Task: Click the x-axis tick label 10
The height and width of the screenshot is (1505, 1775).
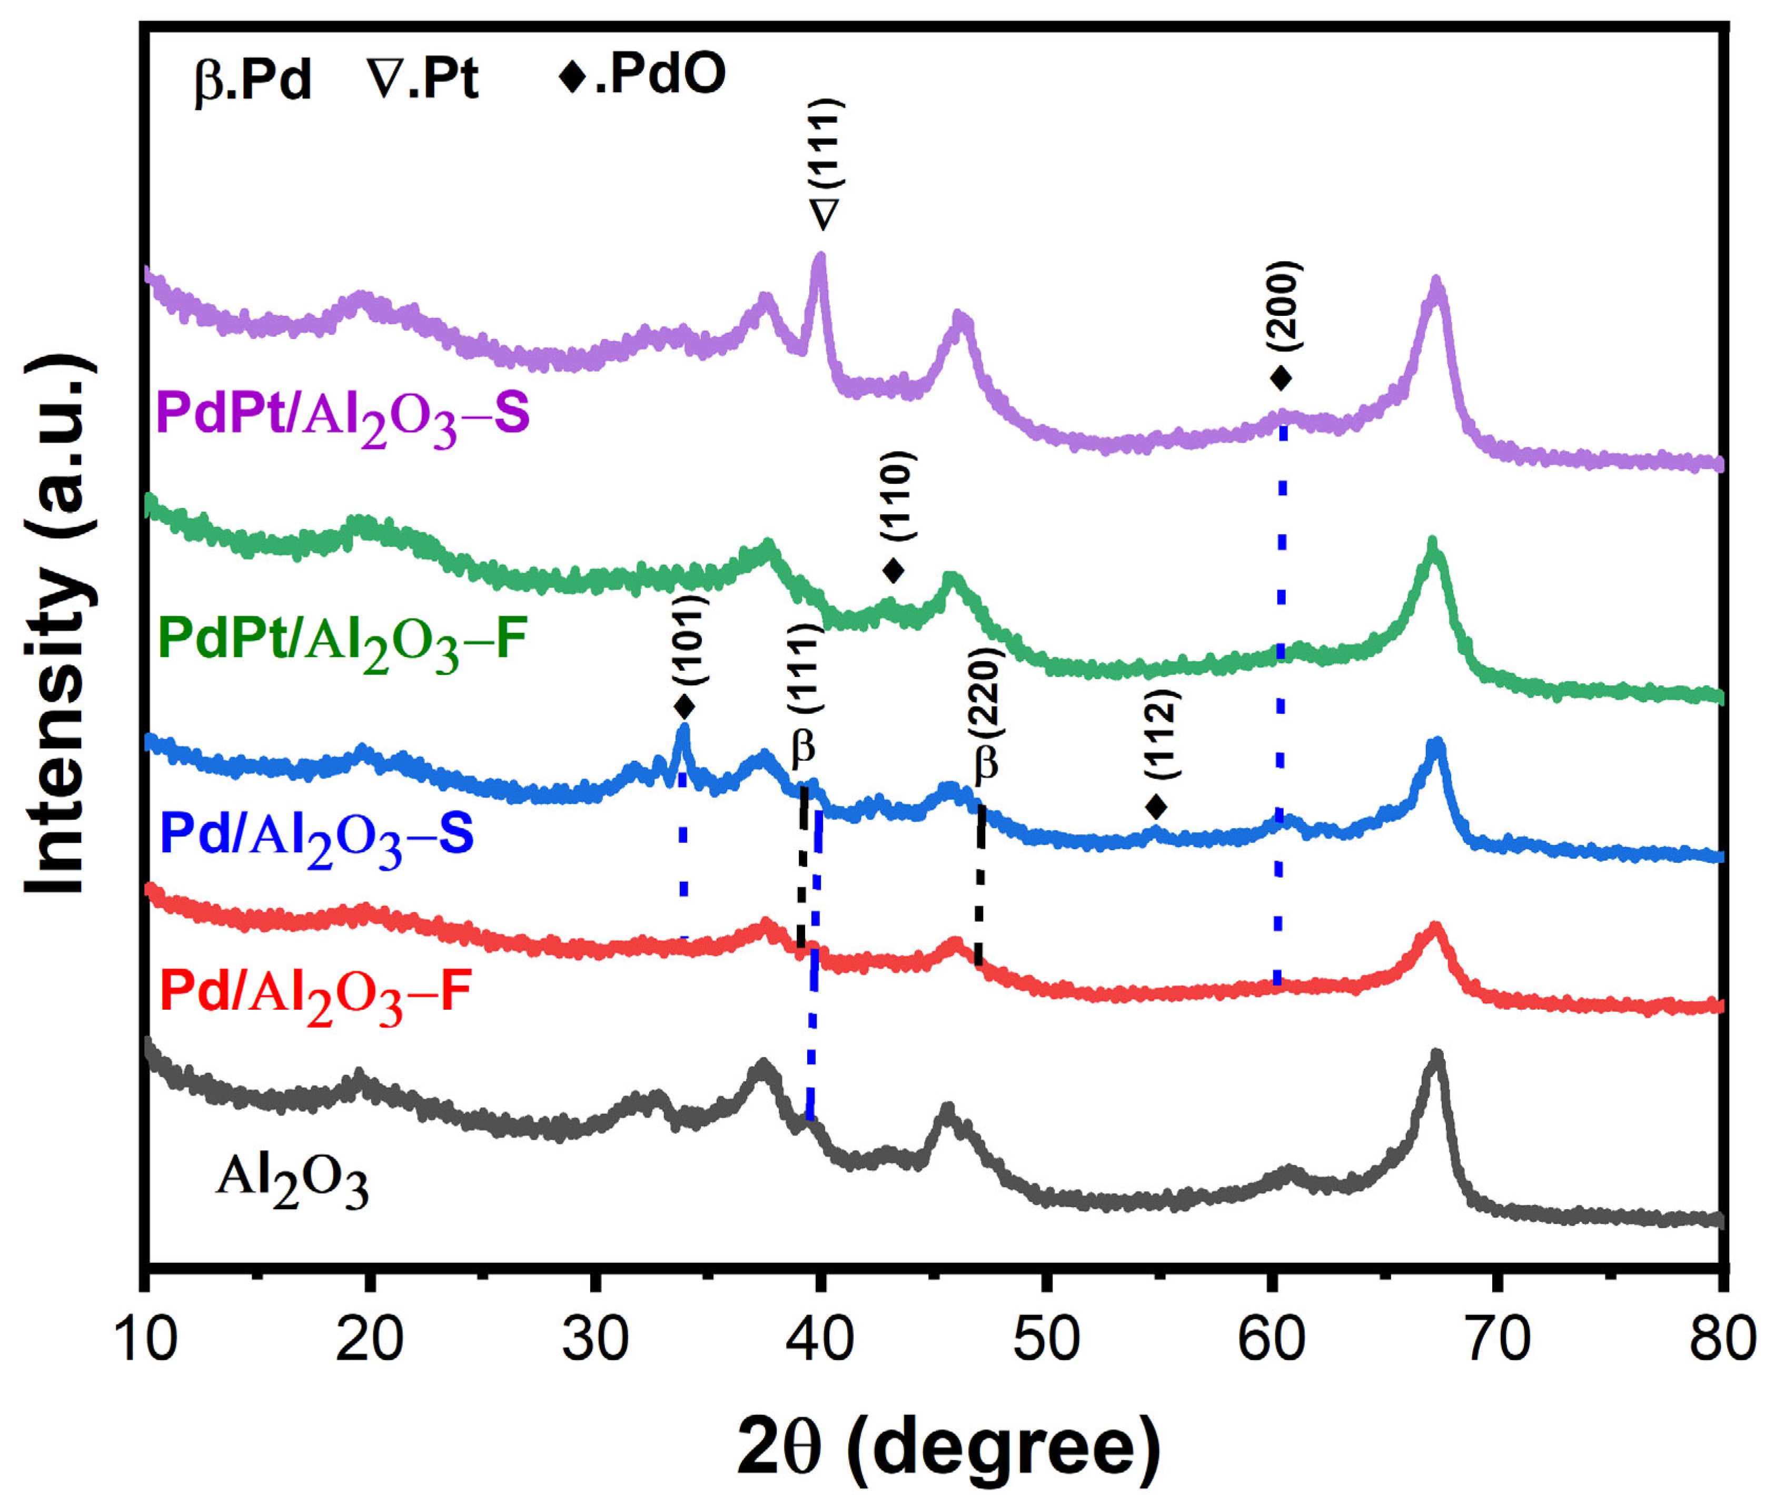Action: [145, 1338]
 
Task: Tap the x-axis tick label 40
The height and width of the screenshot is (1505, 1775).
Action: [819, 1338]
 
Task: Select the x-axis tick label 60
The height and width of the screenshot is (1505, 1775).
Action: [1272, 1338]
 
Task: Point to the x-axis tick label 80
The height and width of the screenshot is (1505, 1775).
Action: [1722, 1338]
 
